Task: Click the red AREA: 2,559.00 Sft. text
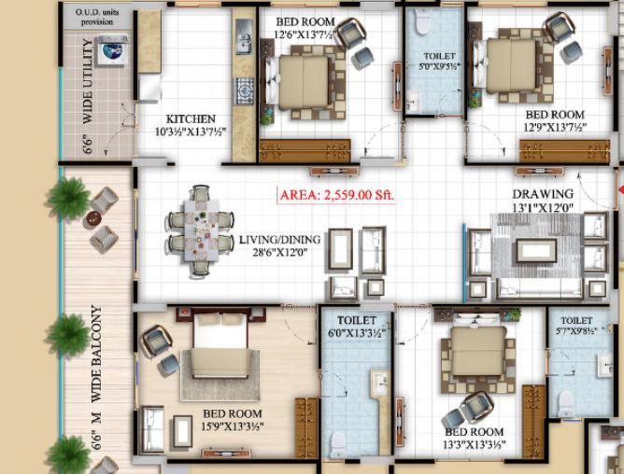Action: coord(336,195)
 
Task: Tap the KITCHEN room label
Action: coord(191,118)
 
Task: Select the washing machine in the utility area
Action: coord(113,50)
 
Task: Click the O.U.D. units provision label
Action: coord(97,17)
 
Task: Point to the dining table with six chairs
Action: coord(201,230)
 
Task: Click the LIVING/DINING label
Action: coord(279,240)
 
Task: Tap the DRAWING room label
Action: coord(543,194)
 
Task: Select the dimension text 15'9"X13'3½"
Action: coord(233,426)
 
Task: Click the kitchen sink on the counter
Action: coord(243,36)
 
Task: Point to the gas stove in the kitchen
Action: coord(244,91)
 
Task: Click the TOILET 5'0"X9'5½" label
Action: coord(439,62)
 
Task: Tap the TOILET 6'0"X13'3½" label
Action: coord(357,327)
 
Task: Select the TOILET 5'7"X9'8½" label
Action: coord(576,326)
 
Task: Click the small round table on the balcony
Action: coord(93,218)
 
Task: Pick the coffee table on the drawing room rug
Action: coord(536,250)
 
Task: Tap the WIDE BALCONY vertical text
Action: coord(97,354)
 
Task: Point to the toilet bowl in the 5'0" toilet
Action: coord(421,21)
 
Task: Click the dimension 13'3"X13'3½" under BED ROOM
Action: coord(475,444)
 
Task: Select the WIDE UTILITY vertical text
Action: coord(88,81)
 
